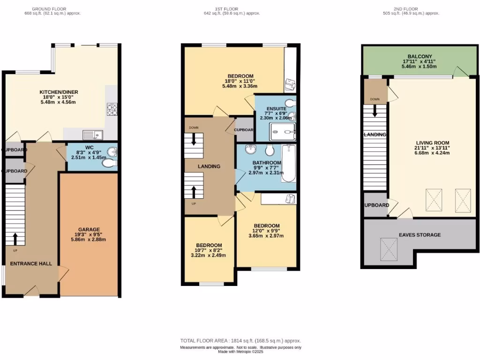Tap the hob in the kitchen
coord(112,109)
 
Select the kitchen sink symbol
coord(93,135)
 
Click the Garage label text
coord(89,230)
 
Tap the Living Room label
coord(433,143)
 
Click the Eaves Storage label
coord(420,234)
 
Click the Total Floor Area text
coord(240,341)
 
